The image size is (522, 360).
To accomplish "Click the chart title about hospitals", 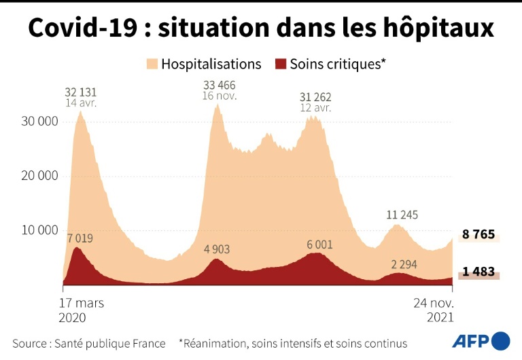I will click(x=261, y=28).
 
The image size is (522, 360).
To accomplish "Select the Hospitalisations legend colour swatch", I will click(x=151, y=65).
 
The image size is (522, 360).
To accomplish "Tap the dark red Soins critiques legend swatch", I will click(x=279, y=65).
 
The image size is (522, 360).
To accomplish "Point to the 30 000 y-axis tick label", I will click(x=39, y=122).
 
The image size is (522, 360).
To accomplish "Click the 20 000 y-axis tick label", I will click(x=39, y=176).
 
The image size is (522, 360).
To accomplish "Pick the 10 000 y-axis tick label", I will click(x=39, y=230).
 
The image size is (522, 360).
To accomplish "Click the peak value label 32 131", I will click(x=82, y=92).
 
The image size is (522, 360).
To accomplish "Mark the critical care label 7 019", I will click(x=79, y=238).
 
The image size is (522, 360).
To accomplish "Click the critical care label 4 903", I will click(x=216, y=249).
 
